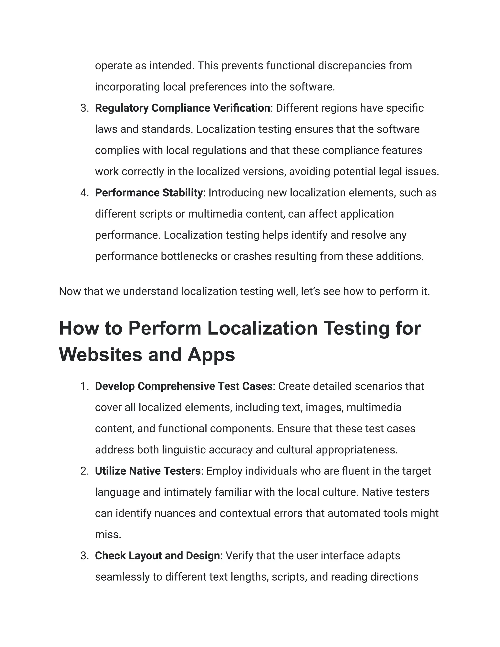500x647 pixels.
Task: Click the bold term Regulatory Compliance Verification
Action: [182, 108]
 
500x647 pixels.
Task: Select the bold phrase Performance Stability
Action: [149, 193]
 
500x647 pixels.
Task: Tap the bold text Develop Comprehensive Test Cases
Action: [184, 386]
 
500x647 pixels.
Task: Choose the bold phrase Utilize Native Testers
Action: [148, 471]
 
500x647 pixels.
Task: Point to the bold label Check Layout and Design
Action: [157, 556]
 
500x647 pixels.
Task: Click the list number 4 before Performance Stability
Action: [84, 193]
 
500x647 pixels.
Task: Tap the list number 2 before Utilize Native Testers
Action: [84, 471]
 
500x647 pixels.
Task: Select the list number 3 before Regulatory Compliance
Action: [84, 108]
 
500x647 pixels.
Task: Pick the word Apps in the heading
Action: [211, 355]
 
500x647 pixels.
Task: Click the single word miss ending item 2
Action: [108, 535]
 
